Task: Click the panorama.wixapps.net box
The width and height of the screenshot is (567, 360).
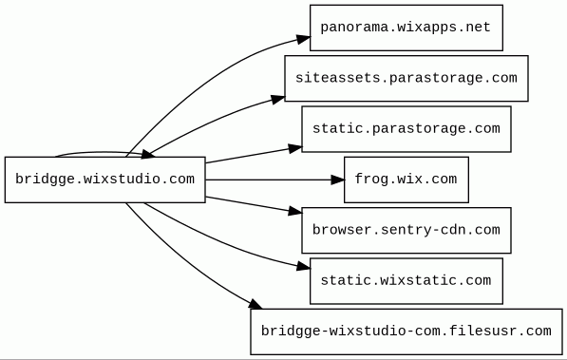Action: (x=406, y=28)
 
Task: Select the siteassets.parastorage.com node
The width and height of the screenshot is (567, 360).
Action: (x=406, y=79)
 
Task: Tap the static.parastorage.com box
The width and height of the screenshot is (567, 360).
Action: (x=406, y=129)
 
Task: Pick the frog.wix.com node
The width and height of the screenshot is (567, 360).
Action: (x=406, y=180)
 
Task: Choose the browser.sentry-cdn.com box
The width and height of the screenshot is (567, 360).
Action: (x=406, y=231)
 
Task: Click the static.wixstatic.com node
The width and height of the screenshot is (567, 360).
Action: (x=406, y=281)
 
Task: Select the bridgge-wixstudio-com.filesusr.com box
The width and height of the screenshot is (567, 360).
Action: (x=406, y=332)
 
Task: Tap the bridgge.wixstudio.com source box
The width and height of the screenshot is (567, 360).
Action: (x=104, y=180)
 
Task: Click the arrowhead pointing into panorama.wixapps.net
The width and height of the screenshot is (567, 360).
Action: (x=303, y=39)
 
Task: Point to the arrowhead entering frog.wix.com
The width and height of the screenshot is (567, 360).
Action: (x=337, y=180)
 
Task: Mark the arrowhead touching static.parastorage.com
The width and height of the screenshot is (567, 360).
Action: (x=294, y=148)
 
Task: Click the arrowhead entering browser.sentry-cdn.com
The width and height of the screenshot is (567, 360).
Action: (x=294, y=211)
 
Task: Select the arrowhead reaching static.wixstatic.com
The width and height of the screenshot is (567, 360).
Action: (x=303, y=267)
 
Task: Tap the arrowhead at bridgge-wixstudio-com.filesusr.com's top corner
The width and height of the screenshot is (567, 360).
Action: (x=255, y=304)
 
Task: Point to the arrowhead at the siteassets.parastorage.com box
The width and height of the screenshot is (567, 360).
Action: (x=277, y=99)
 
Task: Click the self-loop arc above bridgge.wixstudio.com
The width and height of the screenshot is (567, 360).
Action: (x=104, y=152)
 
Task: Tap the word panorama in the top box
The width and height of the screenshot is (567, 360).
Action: (x=354, y=28)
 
